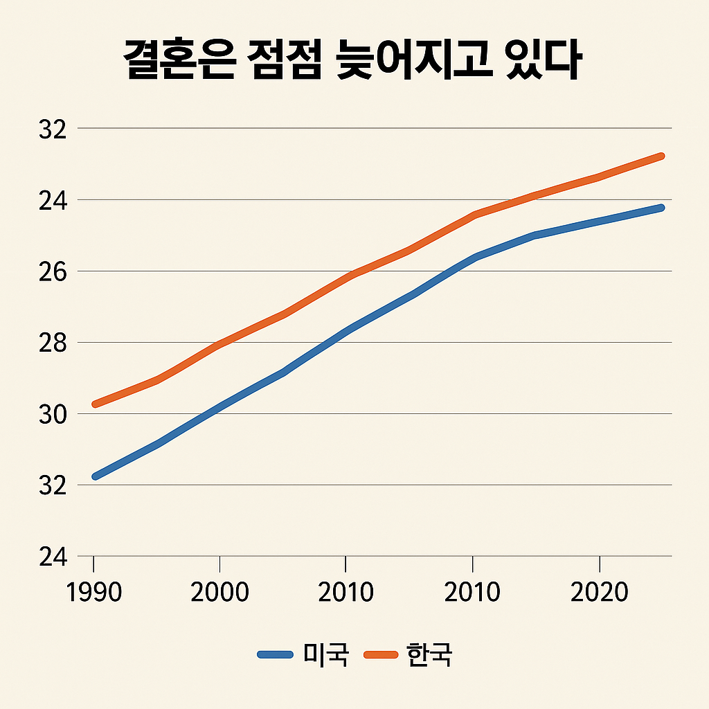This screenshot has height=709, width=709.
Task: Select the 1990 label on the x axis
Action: (93, 593)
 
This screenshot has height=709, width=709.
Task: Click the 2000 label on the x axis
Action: (219, 593)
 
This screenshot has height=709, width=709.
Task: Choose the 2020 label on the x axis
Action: (599, 593)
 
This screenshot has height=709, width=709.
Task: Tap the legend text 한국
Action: (429, 654)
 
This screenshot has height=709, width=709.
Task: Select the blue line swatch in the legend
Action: (276, 654)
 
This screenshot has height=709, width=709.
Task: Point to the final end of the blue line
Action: (661, 208)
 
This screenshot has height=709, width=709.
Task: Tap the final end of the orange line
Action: (661, 156)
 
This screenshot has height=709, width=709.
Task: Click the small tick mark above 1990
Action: (94, 562)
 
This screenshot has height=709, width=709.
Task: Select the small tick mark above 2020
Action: (599, 562)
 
